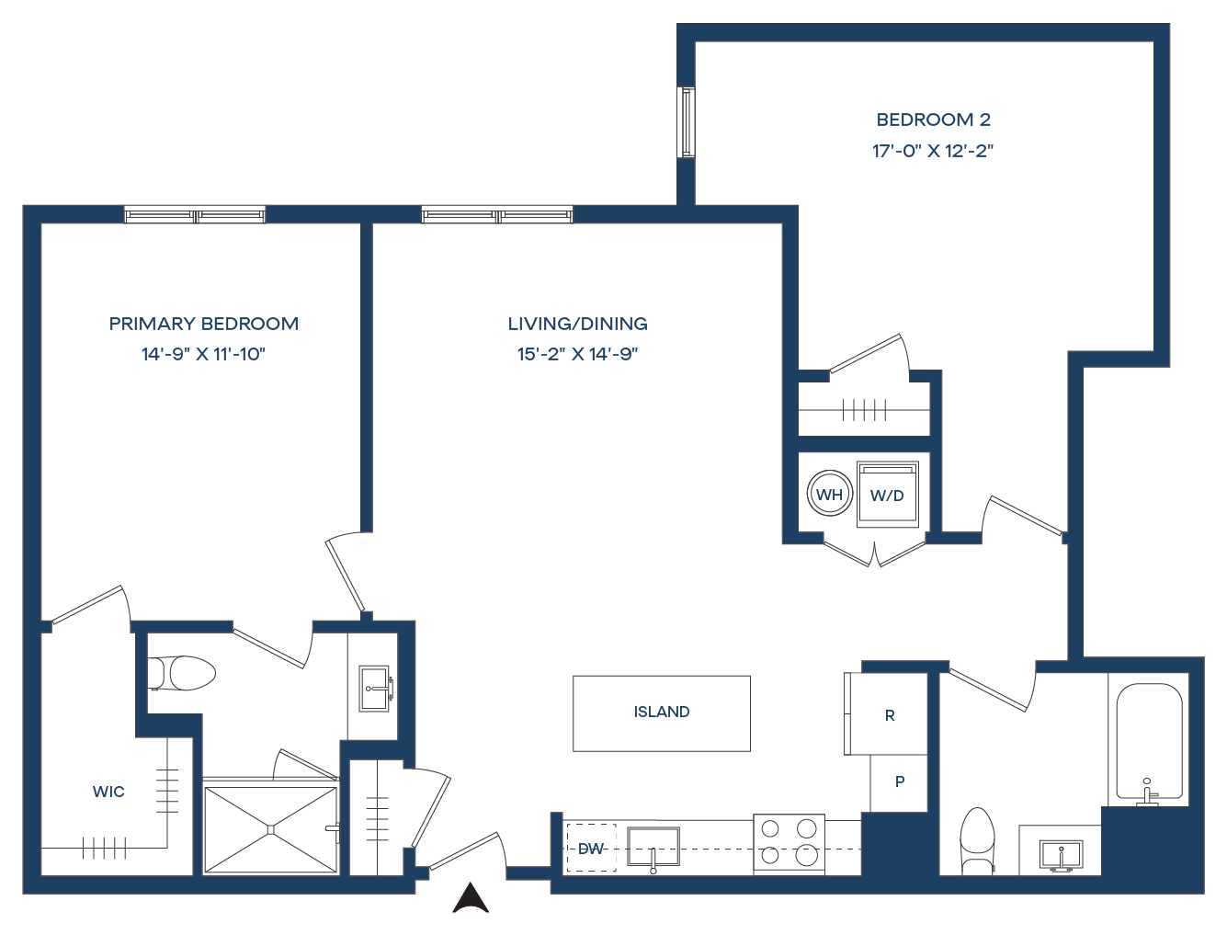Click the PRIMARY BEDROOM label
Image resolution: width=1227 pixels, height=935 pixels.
[203, 324]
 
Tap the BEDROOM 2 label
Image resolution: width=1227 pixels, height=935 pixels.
[933, 120]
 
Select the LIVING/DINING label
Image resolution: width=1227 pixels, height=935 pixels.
[577, 324]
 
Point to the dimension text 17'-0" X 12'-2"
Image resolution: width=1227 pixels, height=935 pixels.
[933, 151]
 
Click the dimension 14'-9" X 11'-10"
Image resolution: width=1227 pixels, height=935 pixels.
[203, 354]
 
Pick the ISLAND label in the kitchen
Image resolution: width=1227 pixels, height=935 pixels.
[662, 713]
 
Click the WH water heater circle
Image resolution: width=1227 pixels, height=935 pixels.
[829, 495]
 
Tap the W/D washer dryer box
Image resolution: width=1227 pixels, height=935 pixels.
[887, 495]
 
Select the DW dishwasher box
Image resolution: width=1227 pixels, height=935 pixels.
[590, 849]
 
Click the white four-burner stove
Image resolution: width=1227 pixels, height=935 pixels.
[789, 843]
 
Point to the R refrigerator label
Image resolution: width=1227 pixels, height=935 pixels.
[889, 715]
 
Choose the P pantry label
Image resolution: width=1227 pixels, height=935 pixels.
[900, 781]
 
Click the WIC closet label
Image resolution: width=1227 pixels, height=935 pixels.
[108, 792]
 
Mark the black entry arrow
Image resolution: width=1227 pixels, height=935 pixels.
[471, 898]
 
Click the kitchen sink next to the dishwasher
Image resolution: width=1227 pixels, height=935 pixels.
[653, 847]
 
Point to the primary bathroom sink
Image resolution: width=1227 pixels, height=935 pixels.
[375, 688]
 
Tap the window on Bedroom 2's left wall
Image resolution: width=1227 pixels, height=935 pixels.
[686, 122]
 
